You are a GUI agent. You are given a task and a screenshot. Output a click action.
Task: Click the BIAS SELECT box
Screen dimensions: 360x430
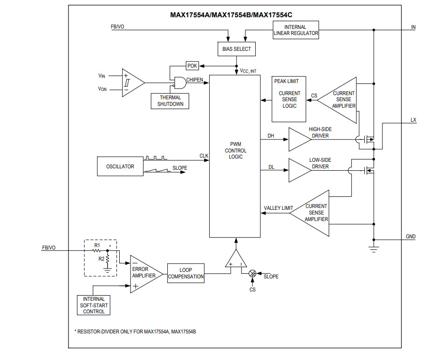[x=236, y=49]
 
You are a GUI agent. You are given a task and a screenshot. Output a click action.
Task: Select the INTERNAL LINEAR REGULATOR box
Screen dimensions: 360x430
[x=295, y=30]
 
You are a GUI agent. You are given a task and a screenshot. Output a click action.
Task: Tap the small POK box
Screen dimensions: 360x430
[x=192, y=66]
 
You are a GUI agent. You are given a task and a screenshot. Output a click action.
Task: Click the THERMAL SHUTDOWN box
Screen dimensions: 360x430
[x=170, y=101]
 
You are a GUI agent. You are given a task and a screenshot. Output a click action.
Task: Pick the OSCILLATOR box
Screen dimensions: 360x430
[x=119, y=166]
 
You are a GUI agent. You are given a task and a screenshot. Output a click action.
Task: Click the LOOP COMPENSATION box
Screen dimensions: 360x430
[x=186, y=273]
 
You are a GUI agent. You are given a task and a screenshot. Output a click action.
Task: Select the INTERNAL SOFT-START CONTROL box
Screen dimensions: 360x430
[x=94, y=305]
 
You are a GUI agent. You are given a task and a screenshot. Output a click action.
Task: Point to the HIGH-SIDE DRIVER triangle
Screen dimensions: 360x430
[x=299, y=139]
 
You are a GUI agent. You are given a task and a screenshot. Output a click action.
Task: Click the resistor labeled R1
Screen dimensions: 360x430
[x=97, y=250]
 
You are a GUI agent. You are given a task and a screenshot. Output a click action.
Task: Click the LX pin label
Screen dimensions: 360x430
[x=413, y=120]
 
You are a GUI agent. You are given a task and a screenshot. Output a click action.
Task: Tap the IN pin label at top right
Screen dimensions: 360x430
[x=413, y=27]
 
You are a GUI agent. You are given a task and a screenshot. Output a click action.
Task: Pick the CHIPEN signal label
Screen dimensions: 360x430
[x=195, y=80]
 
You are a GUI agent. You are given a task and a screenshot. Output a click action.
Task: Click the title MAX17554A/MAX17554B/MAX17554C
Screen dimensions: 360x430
[x=234, y=14]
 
